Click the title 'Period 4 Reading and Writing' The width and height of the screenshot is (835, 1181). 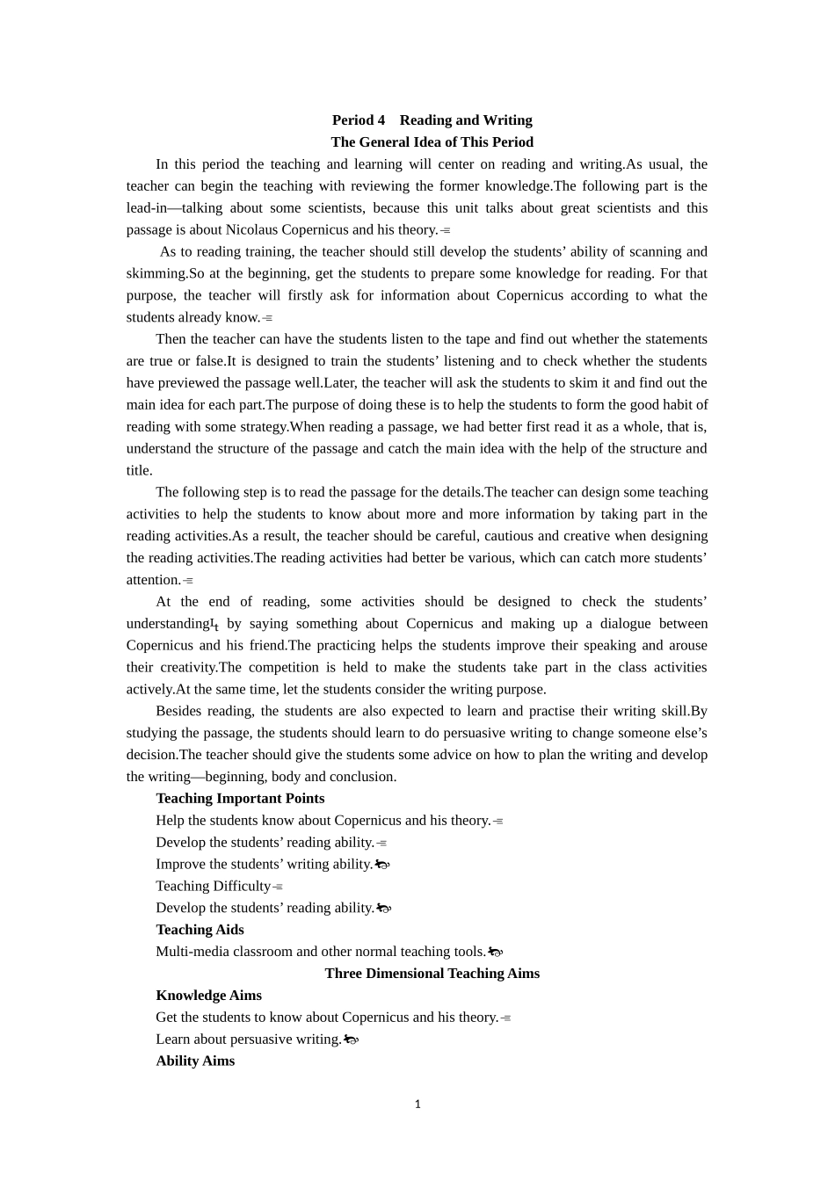click(432, 120)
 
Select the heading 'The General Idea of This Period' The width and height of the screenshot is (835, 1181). click(432, 142)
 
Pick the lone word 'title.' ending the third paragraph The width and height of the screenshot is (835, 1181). click(139, 471)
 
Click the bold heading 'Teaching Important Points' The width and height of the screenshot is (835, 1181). click(240, 799)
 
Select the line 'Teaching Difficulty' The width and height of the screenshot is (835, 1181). click(213, 886)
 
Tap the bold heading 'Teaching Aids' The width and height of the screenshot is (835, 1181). click(200, 930)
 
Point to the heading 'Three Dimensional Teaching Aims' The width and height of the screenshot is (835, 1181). click(432, 974)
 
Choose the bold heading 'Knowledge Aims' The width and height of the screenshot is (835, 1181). click(208, 996)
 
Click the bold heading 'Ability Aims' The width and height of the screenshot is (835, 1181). click(195, 1061)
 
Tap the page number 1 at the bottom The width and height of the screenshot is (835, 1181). click(417, 1105)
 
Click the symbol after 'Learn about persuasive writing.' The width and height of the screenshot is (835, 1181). click(351, 1040)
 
